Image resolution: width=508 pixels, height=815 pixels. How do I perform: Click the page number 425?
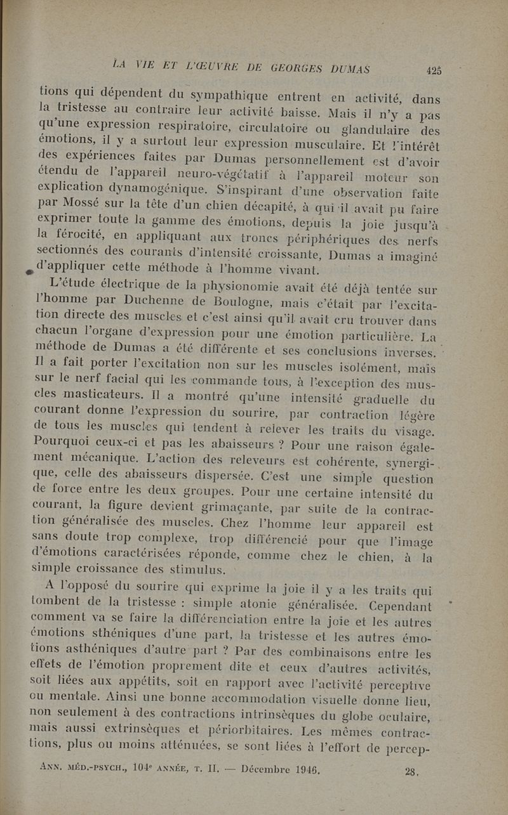434,70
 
